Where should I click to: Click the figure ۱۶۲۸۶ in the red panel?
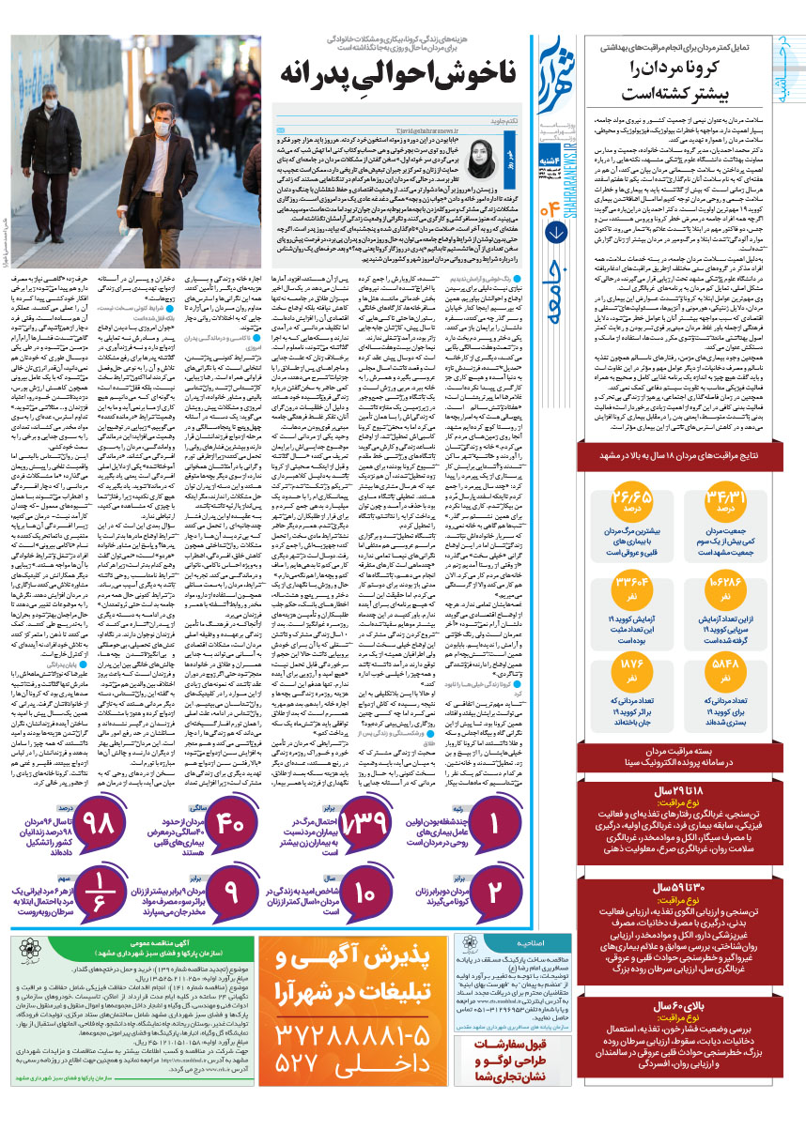click(x=740, y=565)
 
